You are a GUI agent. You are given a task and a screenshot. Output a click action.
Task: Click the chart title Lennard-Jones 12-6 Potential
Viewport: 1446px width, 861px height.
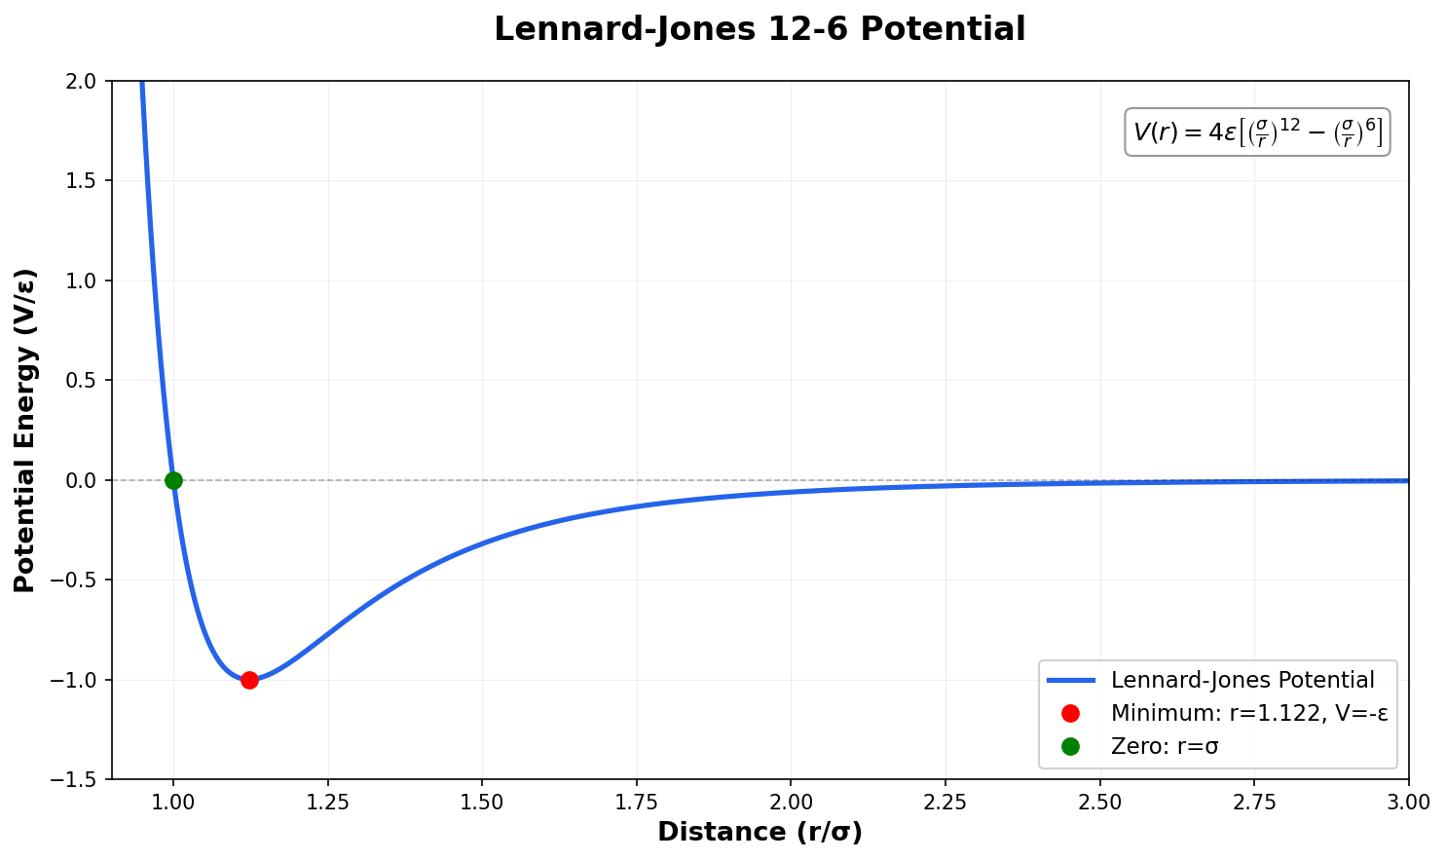coord(760,29)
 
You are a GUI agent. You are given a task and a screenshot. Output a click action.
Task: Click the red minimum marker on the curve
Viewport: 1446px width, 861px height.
coord(249,680)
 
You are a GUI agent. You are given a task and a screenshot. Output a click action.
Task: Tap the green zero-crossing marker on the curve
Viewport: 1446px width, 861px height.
coord(173,480)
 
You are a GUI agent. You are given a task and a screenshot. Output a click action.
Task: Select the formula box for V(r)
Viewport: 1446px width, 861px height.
coord(1257,131)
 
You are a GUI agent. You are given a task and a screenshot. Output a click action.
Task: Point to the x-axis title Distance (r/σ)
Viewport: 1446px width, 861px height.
coord(760,832)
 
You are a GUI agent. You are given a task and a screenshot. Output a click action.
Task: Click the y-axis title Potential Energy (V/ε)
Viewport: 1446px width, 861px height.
coord(25,430)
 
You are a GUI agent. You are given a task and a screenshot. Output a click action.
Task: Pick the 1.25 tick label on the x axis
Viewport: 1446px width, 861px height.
coord(328,802)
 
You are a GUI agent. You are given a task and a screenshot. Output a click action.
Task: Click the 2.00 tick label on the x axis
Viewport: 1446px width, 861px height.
coord(791,802)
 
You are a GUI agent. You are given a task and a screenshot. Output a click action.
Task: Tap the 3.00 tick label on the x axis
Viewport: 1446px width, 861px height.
coord(1408,802)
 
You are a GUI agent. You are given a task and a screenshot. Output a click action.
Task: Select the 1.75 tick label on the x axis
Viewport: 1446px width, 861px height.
coord(637,802)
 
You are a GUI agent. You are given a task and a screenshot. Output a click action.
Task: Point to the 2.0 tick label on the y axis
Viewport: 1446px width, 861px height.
coord(85,81)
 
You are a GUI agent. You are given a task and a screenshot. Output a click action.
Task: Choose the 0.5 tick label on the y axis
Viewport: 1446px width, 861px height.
coord(85,380)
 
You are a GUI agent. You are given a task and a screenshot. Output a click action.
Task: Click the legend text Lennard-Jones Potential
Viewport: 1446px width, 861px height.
coord(1242,680)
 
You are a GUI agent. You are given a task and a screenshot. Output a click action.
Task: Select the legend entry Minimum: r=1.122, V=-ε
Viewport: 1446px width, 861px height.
coord(1249,713)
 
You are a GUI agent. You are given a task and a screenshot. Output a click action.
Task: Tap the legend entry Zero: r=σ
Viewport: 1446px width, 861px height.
coord(1165,746)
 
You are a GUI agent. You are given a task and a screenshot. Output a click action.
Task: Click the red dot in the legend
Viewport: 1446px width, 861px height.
coord(1071,713)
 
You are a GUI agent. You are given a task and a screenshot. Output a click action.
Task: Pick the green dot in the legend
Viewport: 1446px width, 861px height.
coord(1071,746)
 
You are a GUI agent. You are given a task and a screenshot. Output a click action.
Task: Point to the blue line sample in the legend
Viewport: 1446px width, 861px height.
coord(1071,680)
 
